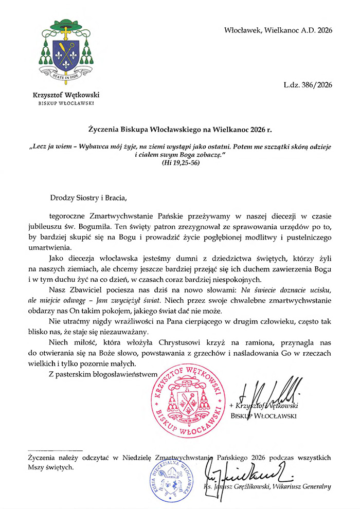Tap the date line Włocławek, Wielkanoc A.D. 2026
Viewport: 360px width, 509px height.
(x=278, y=30)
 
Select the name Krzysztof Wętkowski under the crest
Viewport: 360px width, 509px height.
(x=66, y=95)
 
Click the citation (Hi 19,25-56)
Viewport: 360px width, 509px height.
(x=180, y=163)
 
